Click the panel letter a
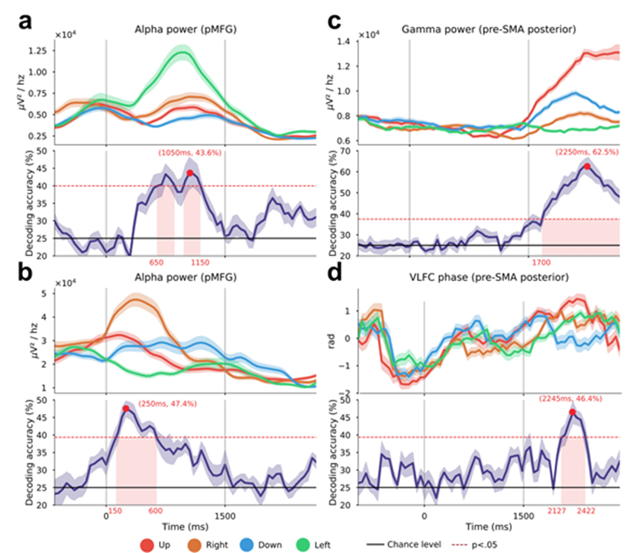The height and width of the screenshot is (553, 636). click(x=26, y=22)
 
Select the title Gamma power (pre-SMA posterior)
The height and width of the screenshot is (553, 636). click(x=486, y=29)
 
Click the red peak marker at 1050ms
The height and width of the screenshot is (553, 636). click(x=190, y=173)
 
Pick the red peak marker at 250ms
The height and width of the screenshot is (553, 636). click(x=125, y=409)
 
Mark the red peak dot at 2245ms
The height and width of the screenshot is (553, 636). click(x=572, y=412)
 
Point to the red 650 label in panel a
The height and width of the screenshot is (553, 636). click(x=157, y=262)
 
